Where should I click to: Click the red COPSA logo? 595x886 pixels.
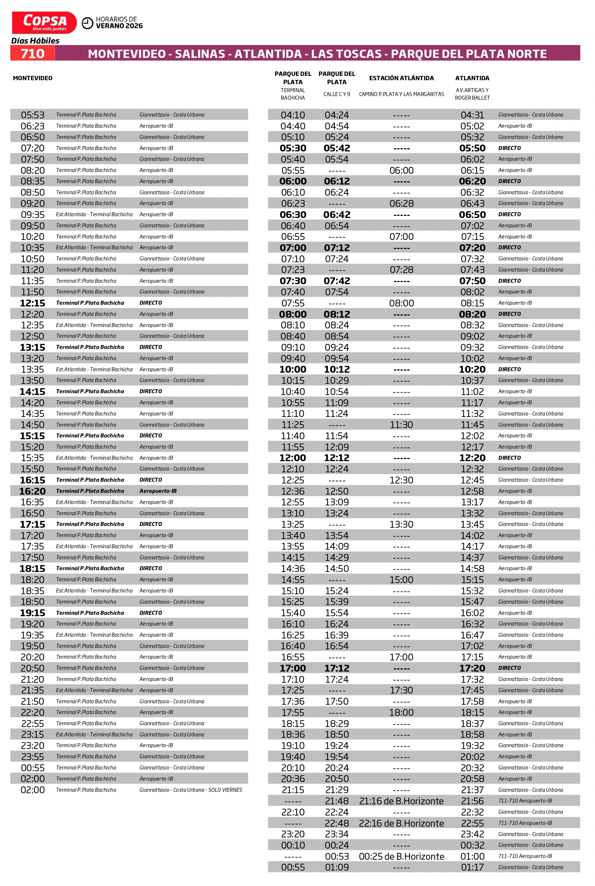click(x=44, y=22)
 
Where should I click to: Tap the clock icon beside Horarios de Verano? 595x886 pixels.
click(x=87, y=23)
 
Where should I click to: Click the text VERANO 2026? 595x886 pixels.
click(x=119, y=26)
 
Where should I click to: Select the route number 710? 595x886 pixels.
click(x=33, y=54)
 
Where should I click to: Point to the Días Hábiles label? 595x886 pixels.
click(x=35, y=41)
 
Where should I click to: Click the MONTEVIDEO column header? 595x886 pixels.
click(x=33, y=78)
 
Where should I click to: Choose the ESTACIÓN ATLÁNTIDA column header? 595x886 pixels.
click(x=401, y=78)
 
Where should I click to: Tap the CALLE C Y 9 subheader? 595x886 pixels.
click(x=337, y=94)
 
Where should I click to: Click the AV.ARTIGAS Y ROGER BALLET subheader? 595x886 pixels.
click(x=472, y=94)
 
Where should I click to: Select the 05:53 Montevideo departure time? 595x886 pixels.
click(x=33, y=115)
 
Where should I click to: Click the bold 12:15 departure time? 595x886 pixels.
click(x=33, y=303)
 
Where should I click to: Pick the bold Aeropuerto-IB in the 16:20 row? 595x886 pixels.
click(x=158, y=491)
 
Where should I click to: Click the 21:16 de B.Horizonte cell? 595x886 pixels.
click(x=401, y=801)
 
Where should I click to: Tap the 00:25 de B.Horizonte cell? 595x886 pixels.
click(x=401, y=856)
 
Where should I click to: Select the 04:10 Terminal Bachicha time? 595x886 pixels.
click(x=293, y=115)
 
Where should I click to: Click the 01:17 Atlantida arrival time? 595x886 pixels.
click(x=472, y=867)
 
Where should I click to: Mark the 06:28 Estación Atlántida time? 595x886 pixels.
click(x=401, y=204)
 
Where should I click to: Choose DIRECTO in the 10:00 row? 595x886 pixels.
click(x=509, y=369)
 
